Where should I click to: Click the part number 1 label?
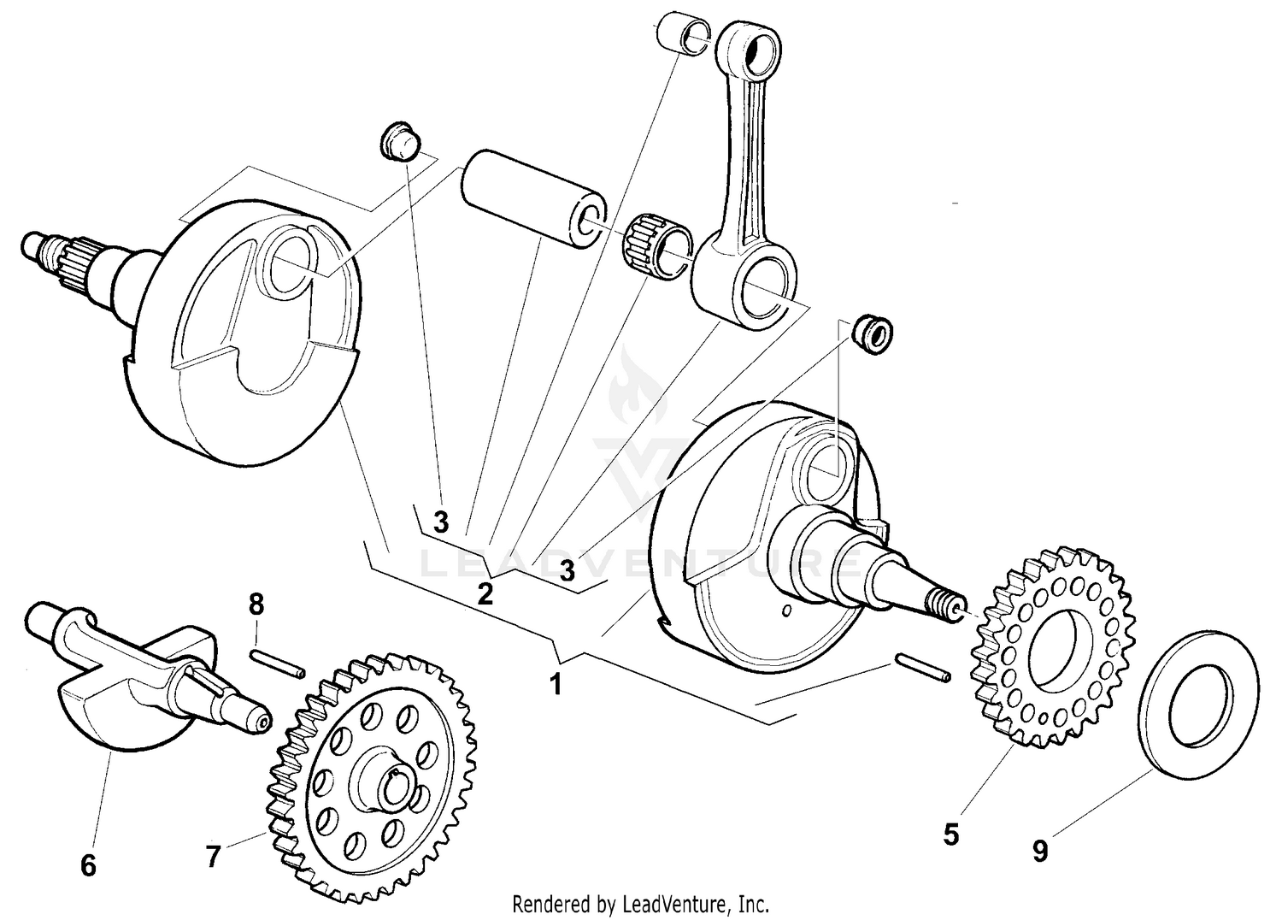pos(556,685)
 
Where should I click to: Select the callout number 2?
pos(485,593)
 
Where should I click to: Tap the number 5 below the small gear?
pos(951,834)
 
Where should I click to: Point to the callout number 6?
pos(88,865)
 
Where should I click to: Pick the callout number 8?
pos(256,604)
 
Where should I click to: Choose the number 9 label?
pos(1040,851)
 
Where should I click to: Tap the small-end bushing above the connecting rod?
pos(682,32)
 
